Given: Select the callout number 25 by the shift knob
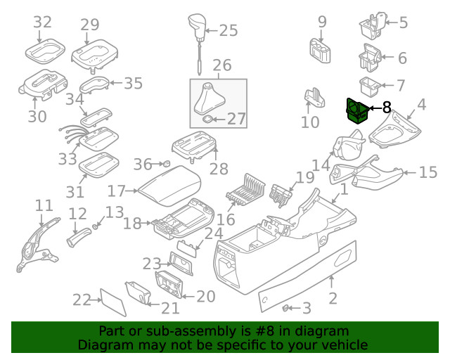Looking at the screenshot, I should (x=229, y=30).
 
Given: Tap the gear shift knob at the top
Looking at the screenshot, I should (x=198, y=27).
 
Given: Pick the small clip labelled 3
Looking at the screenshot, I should (x=287, y=308).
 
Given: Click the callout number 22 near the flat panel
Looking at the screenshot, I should (x=82, y=300).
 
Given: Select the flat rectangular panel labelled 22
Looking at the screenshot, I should (x=112, y=300).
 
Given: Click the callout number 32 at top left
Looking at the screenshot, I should (x=43, y=22).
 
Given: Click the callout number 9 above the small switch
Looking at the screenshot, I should (x=322, y=22).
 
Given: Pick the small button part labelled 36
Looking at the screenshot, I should (x=169, y=164).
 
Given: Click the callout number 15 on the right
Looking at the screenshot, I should (x=427, y=172).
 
